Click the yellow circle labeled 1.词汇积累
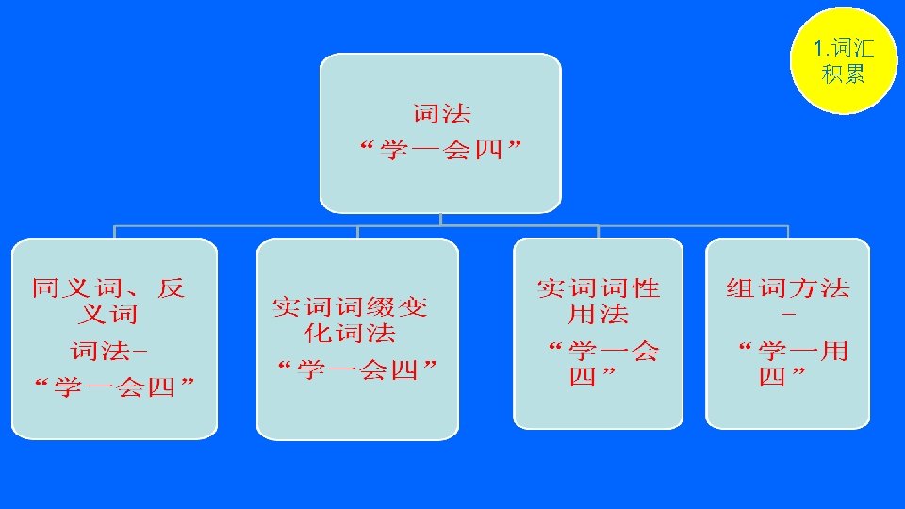(843, 59)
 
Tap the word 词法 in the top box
(441, 115)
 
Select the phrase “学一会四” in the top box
(441, 150)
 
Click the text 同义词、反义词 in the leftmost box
(109, 301)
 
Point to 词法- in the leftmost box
(109, 352)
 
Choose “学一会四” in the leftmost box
(114, 386)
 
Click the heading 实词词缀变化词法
(350, 319)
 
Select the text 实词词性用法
(598, 300)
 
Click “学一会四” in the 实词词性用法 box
(602, 364)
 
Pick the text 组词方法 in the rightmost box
(788, 287)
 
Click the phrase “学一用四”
(791, 364)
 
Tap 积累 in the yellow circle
(843, 74)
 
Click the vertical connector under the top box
(440, 219)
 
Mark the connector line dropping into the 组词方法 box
(787, 232)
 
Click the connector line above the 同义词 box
(115, 232)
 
